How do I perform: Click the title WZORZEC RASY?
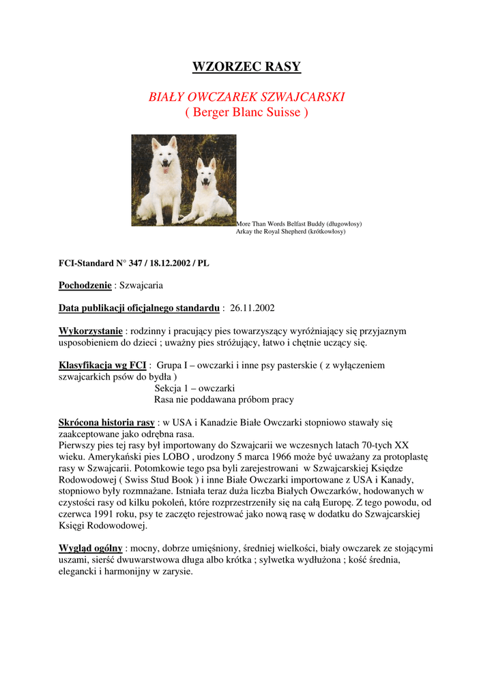coord(246,67)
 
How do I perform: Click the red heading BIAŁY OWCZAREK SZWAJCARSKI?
coord(246,97)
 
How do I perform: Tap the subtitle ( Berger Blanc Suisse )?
coord(246,112)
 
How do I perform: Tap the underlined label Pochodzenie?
coord(85,286)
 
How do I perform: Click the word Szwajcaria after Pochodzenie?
coord(141,286)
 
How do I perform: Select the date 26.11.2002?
coord(252,308)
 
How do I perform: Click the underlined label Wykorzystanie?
coord(91,331)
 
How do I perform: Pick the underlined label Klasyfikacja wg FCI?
coord(102,365)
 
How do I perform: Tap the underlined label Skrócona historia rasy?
coord(106,423)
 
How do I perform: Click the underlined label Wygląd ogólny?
coord(91,548)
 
